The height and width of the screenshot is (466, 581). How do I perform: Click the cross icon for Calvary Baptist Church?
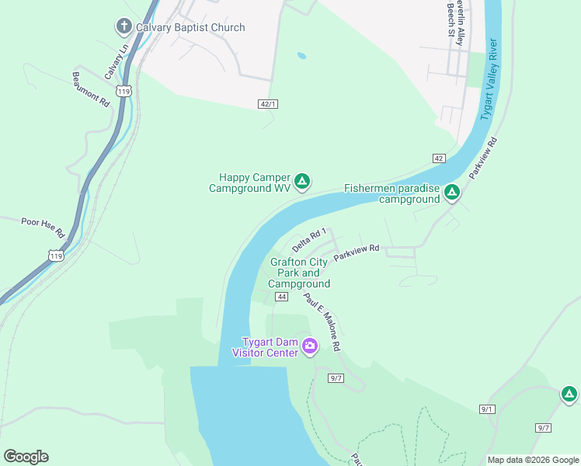click(124, 27)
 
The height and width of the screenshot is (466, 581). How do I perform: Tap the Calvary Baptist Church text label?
click(190, 27)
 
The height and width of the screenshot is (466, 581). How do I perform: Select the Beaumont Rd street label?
click(91, 89)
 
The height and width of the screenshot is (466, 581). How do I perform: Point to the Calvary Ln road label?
click(117, 61)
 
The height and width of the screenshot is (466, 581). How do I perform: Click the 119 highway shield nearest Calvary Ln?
click(124, 91)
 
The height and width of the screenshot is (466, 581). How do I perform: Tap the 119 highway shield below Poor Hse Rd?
click(54, 255)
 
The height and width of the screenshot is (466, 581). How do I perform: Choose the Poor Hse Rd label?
click(43, 226)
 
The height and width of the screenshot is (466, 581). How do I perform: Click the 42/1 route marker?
click(268, 103)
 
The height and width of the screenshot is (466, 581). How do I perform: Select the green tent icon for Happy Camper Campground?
click(303, 183)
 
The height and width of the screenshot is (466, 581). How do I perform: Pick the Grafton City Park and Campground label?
click(299, 273)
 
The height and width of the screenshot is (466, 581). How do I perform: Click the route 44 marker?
click(281, 297)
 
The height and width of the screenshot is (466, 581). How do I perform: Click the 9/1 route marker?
click(487, 409)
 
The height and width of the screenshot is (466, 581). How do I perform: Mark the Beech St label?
click(451, 19)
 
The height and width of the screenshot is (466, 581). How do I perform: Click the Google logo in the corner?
click(26, 457)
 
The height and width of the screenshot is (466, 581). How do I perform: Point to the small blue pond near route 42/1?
click(301, 56)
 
